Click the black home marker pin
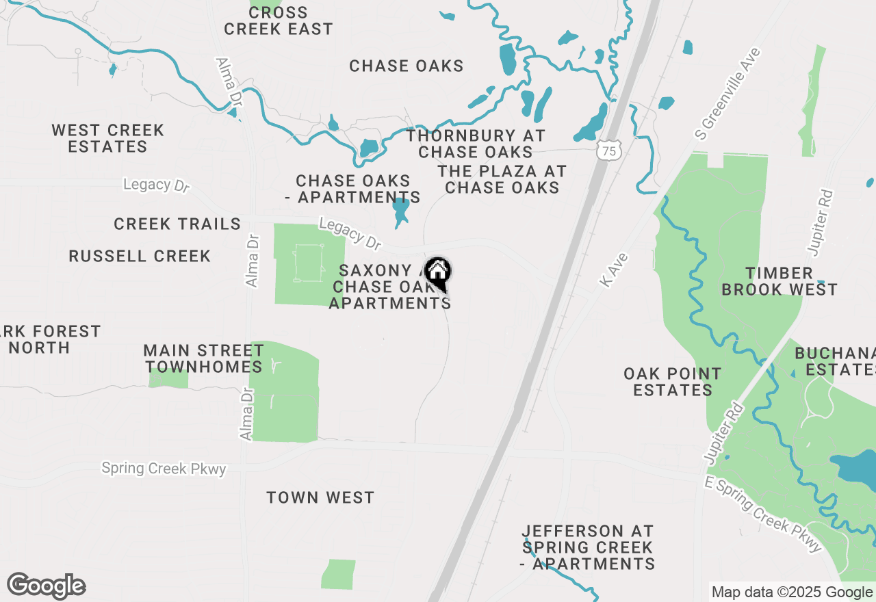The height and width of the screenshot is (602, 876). [x=437, y=274]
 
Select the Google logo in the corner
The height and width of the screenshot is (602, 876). [x=46, y=586]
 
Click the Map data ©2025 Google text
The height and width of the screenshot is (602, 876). [x=791, y=592]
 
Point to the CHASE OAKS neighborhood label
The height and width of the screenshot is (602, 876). [x=406, y=66]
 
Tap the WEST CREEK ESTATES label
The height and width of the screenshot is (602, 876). [x=108, y=138]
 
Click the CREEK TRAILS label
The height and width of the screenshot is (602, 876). [x=177, y=224]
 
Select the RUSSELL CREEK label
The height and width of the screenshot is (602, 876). [x=140, y=256]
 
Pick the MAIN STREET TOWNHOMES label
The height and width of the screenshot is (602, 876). [x=203, y=358]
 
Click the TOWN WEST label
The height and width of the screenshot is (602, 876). [x=320, y=497]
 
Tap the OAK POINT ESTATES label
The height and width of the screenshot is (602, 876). [x=673, y=382]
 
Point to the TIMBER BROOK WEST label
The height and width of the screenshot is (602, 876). [x=780, y=281]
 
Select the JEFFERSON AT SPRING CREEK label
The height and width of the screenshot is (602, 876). [x=587, y=547]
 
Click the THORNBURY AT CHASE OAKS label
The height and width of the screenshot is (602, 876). [x=476, y=144]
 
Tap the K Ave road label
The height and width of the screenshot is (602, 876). [x=613, y=270]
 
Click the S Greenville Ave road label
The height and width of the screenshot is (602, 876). [x=727, y=92]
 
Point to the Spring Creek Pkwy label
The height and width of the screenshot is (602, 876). [x=164, y=469]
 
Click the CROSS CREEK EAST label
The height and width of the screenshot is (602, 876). [x=278, y=21]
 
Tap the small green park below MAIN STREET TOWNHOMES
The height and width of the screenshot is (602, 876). [x=168, y=379]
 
